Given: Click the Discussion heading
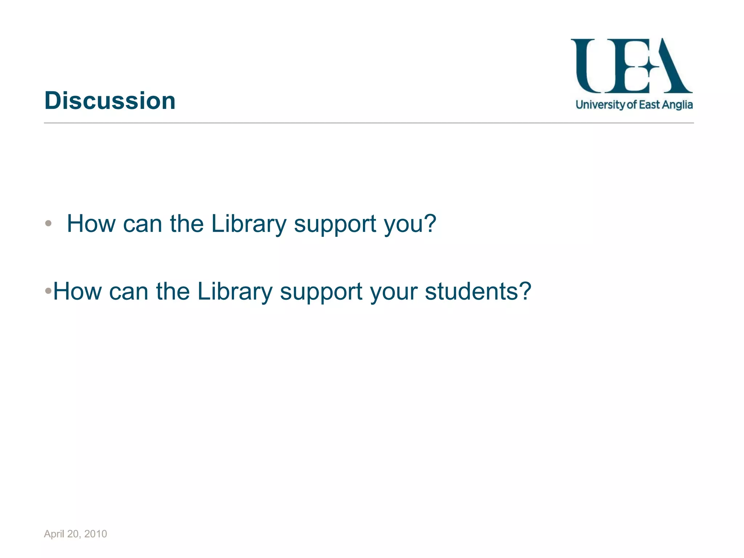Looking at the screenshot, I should tap(110, 101).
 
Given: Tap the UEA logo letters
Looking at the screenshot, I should tap(631, 66).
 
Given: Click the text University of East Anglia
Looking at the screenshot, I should tap(634, 105).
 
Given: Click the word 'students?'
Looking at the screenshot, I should tap(478, 291).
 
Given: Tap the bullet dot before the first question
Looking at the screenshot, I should tap(48, 223).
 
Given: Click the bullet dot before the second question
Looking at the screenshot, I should tap(48, 291).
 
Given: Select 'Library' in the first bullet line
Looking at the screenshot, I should tap(249, 224).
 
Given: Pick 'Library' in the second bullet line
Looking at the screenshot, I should tap(235, 291).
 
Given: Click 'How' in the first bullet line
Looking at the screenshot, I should tap(91, 224).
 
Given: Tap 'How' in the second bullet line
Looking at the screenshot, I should tap(77, 291).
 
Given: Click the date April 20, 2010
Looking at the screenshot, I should tap(75, 534).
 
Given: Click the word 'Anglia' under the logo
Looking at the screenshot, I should tap(677, 105).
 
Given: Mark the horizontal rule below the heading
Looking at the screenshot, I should tap(369, 123).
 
